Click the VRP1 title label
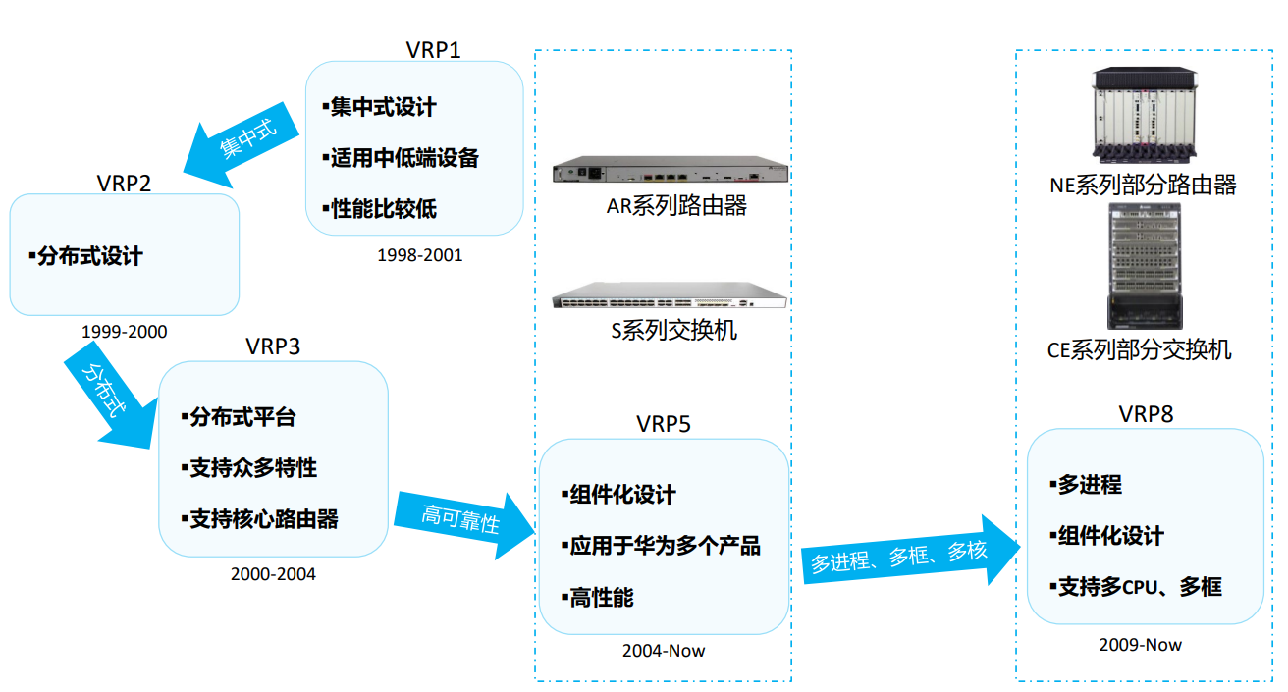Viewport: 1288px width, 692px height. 433,50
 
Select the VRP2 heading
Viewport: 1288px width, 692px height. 124,184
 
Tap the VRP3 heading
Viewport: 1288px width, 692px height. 273,346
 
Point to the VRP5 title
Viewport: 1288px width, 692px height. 663,424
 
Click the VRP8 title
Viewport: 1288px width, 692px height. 1146,414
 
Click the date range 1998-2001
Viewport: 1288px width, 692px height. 420,255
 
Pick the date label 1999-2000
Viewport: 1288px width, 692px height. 125,332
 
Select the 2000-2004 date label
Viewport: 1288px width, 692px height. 273,574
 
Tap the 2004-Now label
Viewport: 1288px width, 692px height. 664,651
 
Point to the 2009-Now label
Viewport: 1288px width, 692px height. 1140,645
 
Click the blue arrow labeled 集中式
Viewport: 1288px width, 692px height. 241,145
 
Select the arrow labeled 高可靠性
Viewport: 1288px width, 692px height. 464,523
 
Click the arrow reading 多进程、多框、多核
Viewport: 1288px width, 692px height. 911,552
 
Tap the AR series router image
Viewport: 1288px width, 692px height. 671,169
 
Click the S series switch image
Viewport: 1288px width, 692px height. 670,294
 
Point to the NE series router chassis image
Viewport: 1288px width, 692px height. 1145,115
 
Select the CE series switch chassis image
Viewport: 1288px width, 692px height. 1145,266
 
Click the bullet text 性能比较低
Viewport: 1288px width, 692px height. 380,209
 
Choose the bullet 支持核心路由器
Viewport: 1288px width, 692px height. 260,519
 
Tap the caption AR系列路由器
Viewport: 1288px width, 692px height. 676,206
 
